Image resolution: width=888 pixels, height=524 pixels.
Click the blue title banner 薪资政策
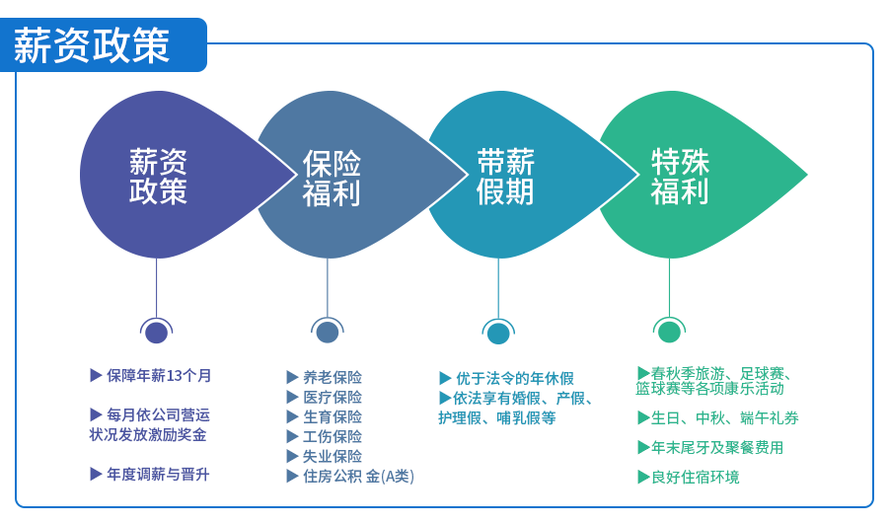coord(103,44)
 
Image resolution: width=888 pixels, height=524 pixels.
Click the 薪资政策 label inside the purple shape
coord(158,177)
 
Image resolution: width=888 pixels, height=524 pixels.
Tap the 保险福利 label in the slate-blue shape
coord(332,178)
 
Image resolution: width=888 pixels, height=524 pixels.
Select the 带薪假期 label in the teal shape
coord(505,177)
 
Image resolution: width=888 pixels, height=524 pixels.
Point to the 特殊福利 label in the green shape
coord(680,177)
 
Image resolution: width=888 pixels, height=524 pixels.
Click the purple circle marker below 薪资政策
coord(156,332)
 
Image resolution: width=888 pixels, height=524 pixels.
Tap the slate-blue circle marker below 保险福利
coord(328,332)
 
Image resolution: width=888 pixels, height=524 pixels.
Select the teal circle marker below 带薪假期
coord(498,333)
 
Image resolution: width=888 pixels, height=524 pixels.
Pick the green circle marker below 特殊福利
coord(669,332)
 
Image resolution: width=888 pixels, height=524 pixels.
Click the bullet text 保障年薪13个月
coord(159,376)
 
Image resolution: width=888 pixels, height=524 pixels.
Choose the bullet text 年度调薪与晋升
coord(158,474)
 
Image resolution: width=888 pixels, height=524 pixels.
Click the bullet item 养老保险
coord(333,377)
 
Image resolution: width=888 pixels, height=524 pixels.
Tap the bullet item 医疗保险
coord(333,397)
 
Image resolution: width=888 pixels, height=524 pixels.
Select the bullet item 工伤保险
coord(333,437)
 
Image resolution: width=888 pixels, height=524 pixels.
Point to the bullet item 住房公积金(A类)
coord(358,477)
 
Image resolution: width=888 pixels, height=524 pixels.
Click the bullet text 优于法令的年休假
coord(515,378)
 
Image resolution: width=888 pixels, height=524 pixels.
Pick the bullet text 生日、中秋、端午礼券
coord(725,418)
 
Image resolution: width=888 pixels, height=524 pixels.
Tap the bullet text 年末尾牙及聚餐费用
coord(717,448)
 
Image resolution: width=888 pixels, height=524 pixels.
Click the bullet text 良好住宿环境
coord(696,477)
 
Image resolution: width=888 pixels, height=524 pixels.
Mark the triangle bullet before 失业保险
coord(292,457)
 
